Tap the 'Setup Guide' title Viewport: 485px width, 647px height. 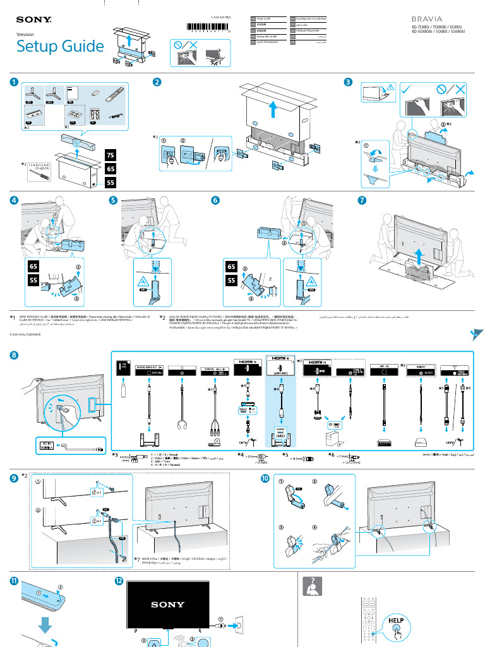[x=60, y=46]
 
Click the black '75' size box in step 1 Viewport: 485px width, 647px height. [x=110, y=155]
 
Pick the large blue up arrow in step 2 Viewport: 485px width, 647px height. [x=272, y=109]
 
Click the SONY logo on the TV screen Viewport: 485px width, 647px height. [x=167, y=604]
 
